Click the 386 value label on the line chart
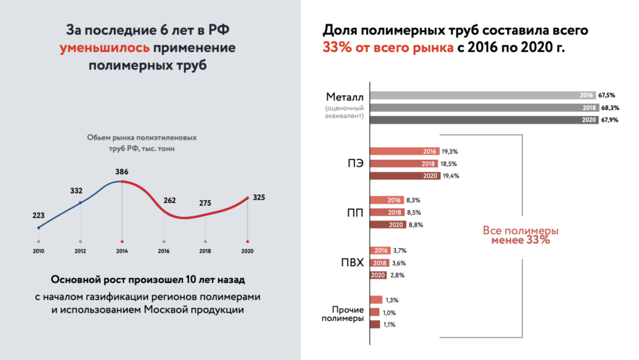tap(122, 171)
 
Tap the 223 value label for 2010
tap(39, 215)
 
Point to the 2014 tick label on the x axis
tap(122, 250)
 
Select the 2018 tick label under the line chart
tap(205, 250)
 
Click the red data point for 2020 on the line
tap(247, 198)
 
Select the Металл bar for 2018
tap(487, 108)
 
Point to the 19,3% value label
tap(450, 151)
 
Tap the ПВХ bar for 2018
tap(379, 263)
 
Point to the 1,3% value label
tap(392, 300)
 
